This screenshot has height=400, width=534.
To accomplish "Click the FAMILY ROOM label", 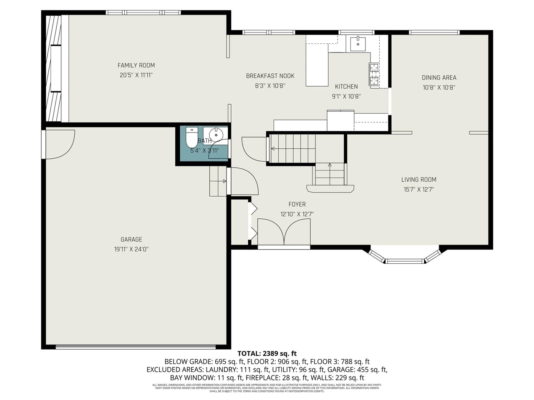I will point(136,65).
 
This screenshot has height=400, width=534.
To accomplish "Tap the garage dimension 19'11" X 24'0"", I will point(131,249).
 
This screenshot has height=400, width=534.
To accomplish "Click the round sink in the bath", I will point(216,135).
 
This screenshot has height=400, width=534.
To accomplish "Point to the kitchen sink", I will point(358,43).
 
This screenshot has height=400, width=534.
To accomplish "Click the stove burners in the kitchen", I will point(374,74).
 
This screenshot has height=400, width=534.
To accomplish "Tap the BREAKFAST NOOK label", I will point(270,76).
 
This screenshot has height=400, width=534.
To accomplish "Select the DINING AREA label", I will point(439,77).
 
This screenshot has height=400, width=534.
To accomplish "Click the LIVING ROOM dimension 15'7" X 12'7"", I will point(419,190).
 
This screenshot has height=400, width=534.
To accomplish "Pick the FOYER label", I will point(297,204).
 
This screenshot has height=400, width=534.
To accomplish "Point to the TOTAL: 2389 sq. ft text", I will point(267,353).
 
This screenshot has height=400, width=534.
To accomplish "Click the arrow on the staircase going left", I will point(274,148).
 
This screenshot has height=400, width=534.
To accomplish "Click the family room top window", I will point(143,12).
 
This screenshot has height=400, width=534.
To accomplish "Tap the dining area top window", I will point(434,32).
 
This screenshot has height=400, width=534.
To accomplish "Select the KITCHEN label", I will point(346,87).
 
